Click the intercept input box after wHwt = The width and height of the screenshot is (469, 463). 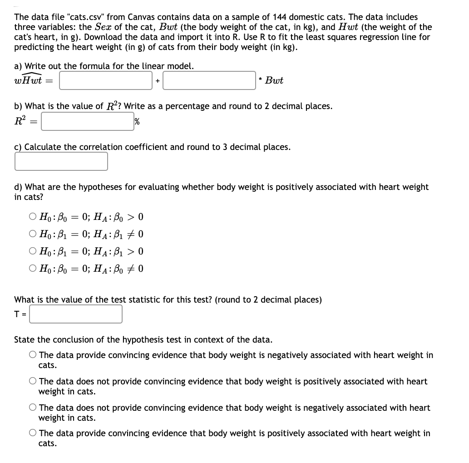point(106,80)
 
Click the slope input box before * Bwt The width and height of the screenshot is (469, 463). point(209,80)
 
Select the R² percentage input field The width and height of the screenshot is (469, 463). point(87,121)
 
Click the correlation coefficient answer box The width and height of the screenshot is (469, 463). point(61,161)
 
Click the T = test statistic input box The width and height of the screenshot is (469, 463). point(76,314)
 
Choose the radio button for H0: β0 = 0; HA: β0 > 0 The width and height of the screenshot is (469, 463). point(32,217)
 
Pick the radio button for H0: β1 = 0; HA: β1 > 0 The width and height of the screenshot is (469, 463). point(32,251)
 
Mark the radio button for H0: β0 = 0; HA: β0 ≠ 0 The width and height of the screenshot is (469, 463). point(32,269)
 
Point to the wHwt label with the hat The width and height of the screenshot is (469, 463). point(28,80)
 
